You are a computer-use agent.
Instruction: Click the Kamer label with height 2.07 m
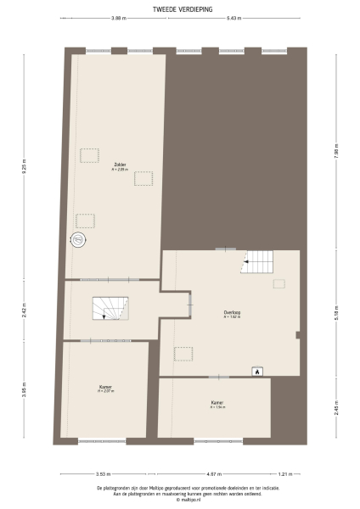point(105,389)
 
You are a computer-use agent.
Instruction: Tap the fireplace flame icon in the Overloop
point(256,370)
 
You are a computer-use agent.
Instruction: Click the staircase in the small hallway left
point(109,308)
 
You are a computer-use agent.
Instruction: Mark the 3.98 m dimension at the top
point(118,18)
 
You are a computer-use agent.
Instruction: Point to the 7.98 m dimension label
point(336,154)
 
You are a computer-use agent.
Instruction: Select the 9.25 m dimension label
point(25,167)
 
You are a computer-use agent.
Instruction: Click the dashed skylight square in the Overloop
point(183,353)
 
